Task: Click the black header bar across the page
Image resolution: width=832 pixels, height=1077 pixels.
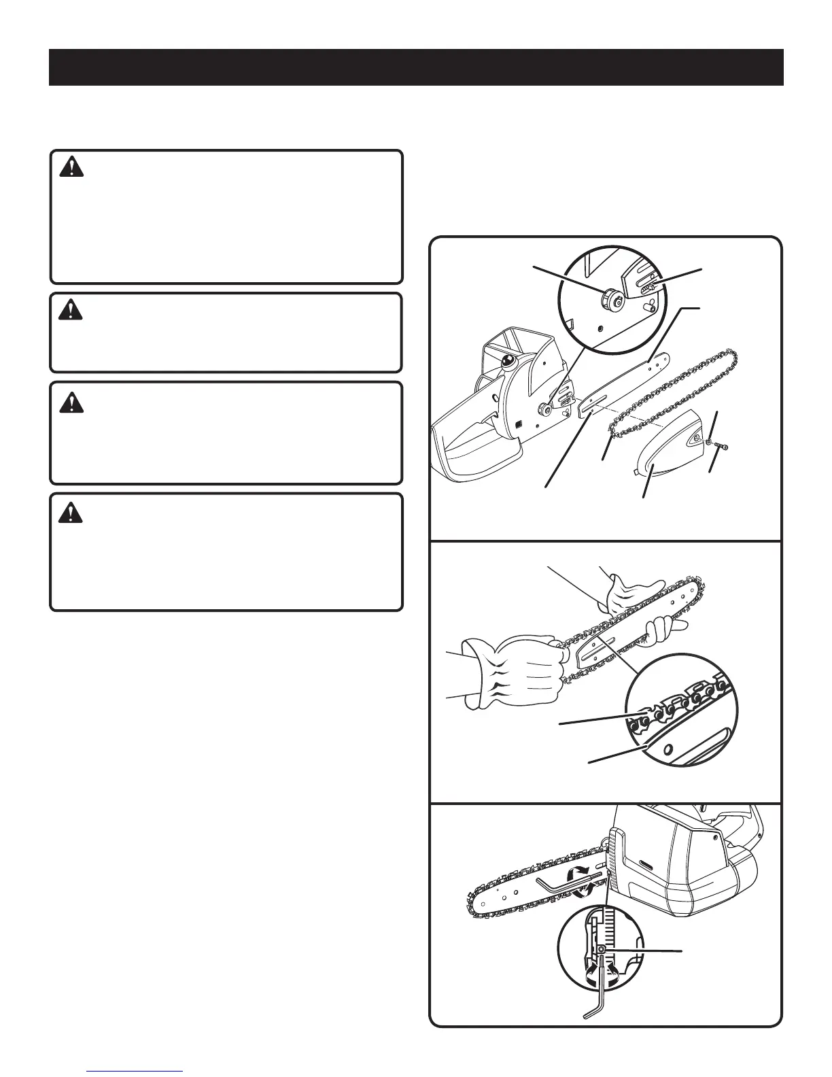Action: coord(416,67)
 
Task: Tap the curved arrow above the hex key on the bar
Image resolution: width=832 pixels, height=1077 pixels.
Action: coord(580,873)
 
